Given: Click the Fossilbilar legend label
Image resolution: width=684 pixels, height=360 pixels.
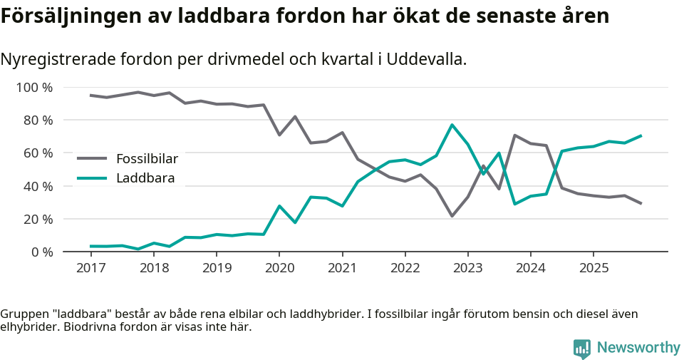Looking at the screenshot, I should pyautogui.click(x=147, y=158).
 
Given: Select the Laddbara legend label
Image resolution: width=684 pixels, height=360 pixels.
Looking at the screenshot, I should pyautogui.click(x=145, y=178).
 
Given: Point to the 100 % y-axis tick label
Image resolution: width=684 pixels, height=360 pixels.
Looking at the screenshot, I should pyautogui.click(x=35, y=88).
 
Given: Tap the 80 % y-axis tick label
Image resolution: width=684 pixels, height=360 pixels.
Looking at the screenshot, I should pyautogui.click(x=38, y=120).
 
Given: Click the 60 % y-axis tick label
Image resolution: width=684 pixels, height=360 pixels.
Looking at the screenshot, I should pyautogui.click(x=38, y=153).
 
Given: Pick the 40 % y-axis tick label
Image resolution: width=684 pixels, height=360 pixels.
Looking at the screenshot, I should pyautogui.click(x=38, y=186).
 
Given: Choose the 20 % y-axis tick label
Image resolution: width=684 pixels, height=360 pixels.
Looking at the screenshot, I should pyautogui.click(x=38, y=219).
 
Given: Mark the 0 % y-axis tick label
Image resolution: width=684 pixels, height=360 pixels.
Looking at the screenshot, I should pyautogui.click(x=41, y=252).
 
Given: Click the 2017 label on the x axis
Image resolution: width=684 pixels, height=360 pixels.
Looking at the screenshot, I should pyautogui.click(x=90, y=268).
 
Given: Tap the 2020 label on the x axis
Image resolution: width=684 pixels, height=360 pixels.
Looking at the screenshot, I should pyautogui.click(x=279, y=268).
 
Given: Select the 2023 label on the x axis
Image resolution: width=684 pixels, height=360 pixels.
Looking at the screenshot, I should pyautogui.click(x=467, y=268).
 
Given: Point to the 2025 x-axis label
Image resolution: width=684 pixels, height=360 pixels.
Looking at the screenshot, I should pyautogui.click(x=594, y=268).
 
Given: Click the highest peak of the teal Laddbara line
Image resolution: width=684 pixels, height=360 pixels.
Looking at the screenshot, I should pyautogui.click(x=452, y=125).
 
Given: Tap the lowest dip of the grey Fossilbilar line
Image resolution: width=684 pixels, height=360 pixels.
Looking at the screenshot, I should pyautogui.click(x=452, y=215).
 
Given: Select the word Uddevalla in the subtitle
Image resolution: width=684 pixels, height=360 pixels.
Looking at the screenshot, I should pyautogui.click(x=430, y=59).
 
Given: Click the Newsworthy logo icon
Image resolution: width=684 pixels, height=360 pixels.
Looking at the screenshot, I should pyautogui.click(x=582, y=348).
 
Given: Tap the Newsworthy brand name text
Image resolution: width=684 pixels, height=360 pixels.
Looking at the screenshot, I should pyautogui.click(x=638, y=348).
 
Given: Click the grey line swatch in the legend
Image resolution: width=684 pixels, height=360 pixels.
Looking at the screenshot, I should pyautogui.click(x=92, y=158).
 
